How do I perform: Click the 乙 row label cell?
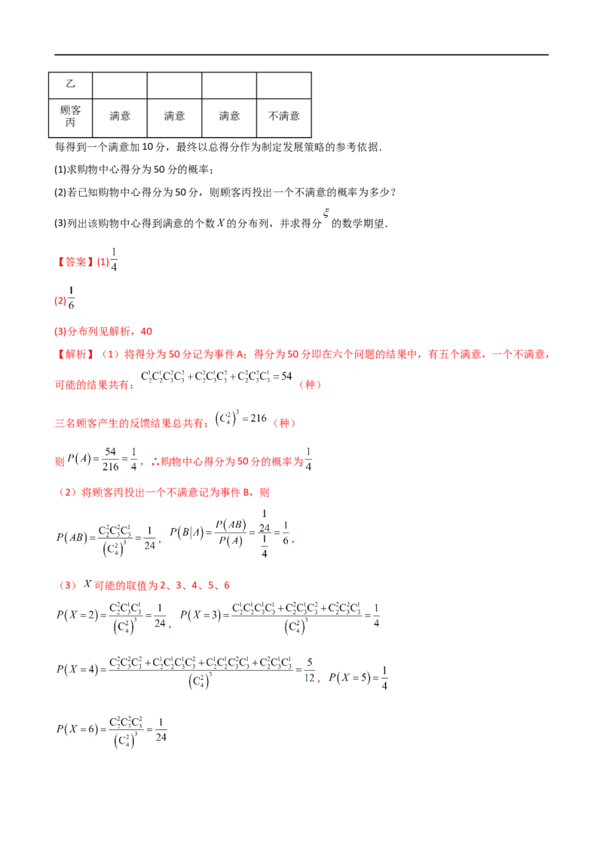(71, 85)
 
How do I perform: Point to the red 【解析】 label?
(75, 354)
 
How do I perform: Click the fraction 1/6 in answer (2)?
(72, 298)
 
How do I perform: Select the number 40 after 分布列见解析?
(146, 332)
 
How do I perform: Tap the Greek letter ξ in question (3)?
(326, 212)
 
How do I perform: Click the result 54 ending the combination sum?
(287, 376)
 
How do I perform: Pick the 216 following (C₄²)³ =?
(259, 418)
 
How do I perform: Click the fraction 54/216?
(111, 459)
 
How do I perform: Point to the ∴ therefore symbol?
(155, 462)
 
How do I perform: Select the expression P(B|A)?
(187, 533)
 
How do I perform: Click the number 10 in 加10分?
(148, 147)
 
